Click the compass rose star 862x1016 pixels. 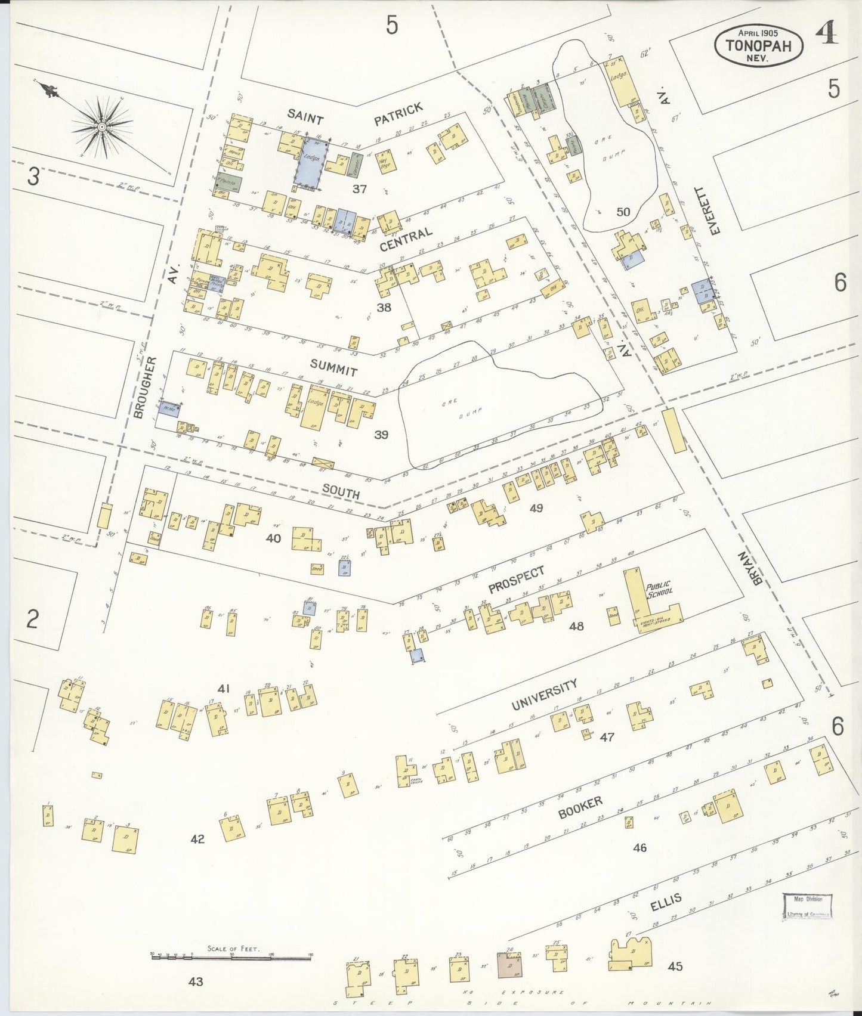[x=101, y=127]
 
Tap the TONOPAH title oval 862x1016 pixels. [x=758, y=45]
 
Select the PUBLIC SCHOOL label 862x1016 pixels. [x=659, y=588]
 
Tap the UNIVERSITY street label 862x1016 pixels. [x=544, y=695]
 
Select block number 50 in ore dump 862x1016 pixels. [x=623, y=212]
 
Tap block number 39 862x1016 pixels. [x=381, y=435]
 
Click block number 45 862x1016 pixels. [x=675, y=967]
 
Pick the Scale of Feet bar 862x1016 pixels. [x=231, y=956]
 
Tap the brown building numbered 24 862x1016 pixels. [x=509, y=964]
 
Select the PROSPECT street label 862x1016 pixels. [x=516, y=580]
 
